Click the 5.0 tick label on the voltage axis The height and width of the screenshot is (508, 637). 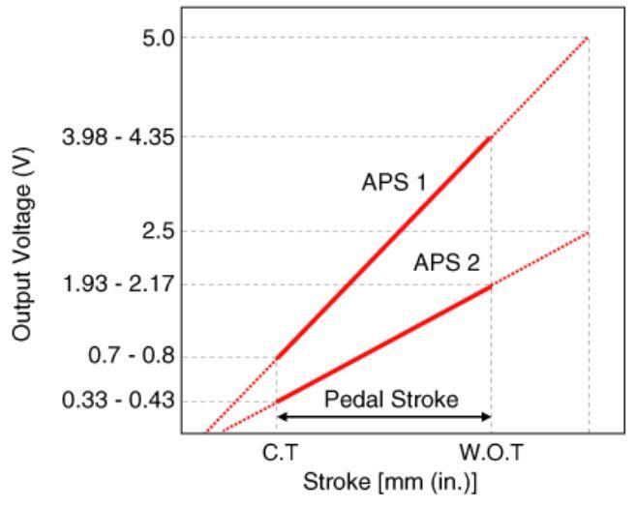157,38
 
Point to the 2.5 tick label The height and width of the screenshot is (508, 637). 157,231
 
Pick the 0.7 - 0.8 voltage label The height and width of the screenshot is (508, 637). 139,357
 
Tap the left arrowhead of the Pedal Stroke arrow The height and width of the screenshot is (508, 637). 281,417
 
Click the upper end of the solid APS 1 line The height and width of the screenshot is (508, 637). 491,137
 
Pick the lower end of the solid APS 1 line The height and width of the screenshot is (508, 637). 277,358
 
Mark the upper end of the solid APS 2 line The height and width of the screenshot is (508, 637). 491,285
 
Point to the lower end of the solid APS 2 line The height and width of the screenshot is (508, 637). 277,402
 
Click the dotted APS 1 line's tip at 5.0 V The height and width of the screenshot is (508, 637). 588,38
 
